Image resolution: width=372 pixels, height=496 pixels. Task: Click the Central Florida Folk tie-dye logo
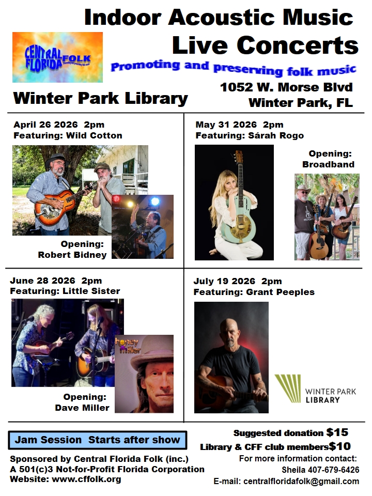pyautogui.click(x=57, y=57)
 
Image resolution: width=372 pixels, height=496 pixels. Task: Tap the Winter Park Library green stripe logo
pyautogui.click(x=288, y=389)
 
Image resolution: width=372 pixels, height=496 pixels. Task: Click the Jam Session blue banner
pyautogui.click(x=98, y=440)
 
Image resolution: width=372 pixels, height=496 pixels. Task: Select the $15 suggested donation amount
pyautogui.click(x=337, y=432)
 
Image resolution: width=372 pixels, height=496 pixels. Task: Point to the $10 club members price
pyautogui.click(x=340, y=446)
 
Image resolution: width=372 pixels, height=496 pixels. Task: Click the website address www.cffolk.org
pyautogui.click(x=86, y=479)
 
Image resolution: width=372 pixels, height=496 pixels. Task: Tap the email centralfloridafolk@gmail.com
pyautogui.click(x=301, y=482)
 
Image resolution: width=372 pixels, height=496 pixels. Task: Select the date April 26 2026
pyautogui.click(x=45, y=125)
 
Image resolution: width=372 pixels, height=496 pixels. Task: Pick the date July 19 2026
pyautogui.click(x=224, y=281)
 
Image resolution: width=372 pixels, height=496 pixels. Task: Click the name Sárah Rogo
pyautogui.click(x=276, y=136)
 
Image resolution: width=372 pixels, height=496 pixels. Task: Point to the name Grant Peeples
pyautogui.click(x=280, y=292)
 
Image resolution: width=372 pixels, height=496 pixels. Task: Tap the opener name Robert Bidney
pyautogui.click(x=72, y=255)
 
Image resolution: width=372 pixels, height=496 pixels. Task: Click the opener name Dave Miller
pyautogui.click(x=82, y=408)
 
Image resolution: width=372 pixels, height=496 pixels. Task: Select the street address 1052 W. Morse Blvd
pyautogui.click(x=287, y=87)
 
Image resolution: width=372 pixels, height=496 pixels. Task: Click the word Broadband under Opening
pyautogui.click(x=329, y=164)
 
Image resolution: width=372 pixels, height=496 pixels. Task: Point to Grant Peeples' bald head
pyautogui.click(x=229, y=326)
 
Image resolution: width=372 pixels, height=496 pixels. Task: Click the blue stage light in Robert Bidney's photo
pyautogui.click(x=155, y=201)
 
